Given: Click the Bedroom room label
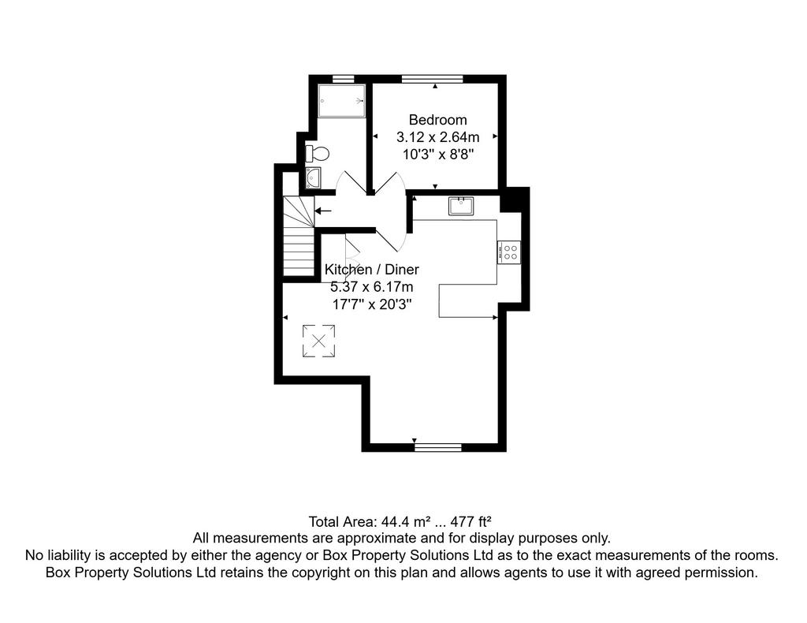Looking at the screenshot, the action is click(x=438, y=120).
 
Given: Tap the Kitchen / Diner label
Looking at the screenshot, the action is click(x=372, y=269).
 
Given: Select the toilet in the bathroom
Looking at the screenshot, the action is click(x=318, y=154).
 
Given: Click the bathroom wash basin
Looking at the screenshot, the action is click(x=313, y=177).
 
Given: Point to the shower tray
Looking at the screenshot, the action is click(x=342, y=101).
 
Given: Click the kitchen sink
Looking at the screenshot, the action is click(x=461, y=206).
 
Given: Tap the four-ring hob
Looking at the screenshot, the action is click(x=509, y=252).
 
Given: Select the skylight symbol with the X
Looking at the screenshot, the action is click(x=318, y=341).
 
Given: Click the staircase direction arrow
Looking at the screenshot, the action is click(x=323, y=211).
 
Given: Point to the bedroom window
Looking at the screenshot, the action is click(x=433, y=79).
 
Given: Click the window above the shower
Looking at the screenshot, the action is click(x=344, y=79).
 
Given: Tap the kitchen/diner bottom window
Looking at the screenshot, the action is click(x=438, y=447).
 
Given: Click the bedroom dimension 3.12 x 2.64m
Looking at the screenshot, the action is click(x=438, y=137).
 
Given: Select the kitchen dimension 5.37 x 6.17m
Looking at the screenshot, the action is click(x=372, y=287).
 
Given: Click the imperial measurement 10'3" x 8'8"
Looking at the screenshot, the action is click(x=438, y=155).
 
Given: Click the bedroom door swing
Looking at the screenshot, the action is click(x=390, y=183).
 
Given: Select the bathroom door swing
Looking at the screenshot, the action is click(x=351, y=182).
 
